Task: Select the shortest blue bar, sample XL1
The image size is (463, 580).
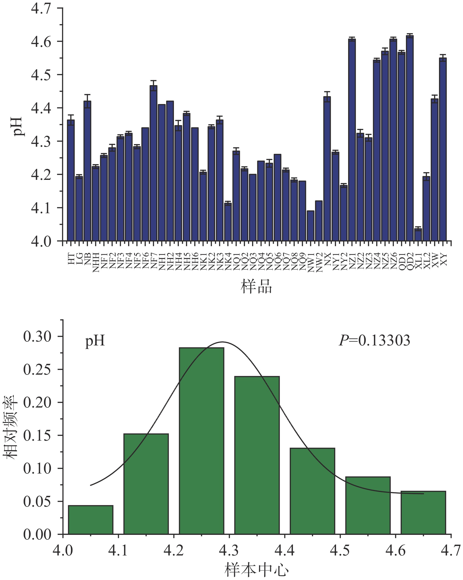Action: [418, 235]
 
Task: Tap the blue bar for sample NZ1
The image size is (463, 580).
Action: [352, 140]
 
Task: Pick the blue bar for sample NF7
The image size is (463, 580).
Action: [153, 163]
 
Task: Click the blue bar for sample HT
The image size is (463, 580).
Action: [71, 180]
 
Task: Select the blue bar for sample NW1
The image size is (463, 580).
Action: [310, 226]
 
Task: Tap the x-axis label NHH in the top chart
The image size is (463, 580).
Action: [96, 262]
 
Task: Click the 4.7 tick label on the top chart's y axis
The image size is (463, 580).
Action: [41, 9]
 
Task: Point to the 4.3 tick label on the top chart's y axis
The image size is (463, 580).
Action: [41, 142]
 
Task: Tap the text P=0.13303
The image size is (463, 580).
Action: [374, 340]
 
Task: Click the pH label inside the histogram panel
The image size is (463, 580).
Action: [95, 341]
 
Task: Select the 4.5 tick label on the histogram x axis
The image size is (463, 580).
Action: [340, 551]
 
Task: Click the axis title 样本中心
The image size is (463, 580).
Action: [256, 570]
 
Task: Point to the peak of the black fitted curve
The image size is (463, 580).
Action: [222, 342]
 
